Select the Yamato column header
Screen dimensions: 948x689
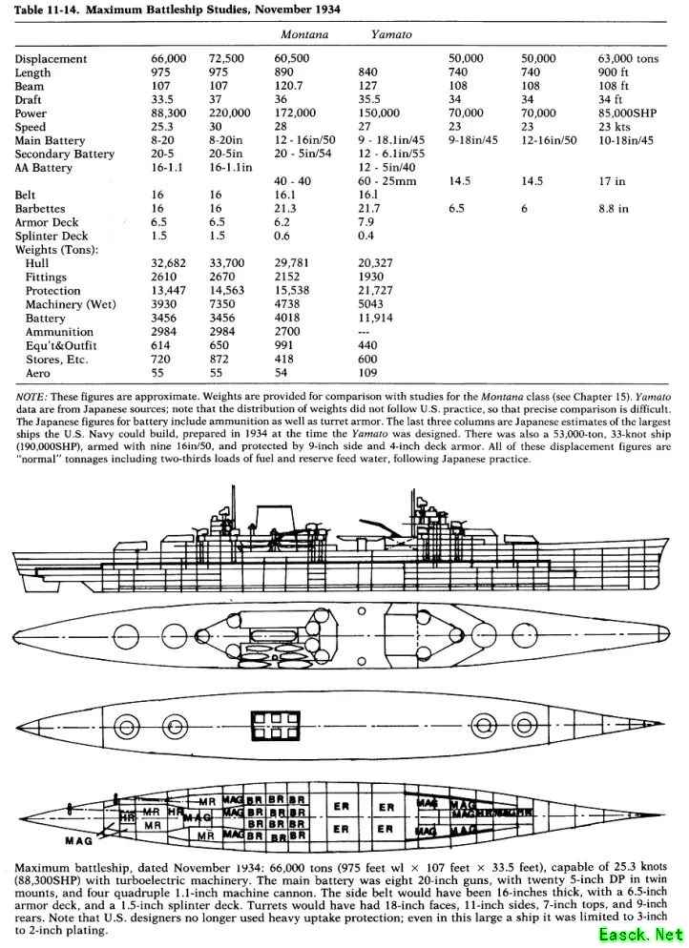391,34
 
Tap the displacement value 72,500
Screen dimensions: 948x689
226,59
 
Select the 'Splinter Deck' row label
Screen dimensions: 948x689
52,236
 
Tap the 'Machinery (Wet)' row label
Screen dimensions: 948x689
69,304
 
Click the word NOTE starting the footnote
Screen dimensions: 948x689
31,394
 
